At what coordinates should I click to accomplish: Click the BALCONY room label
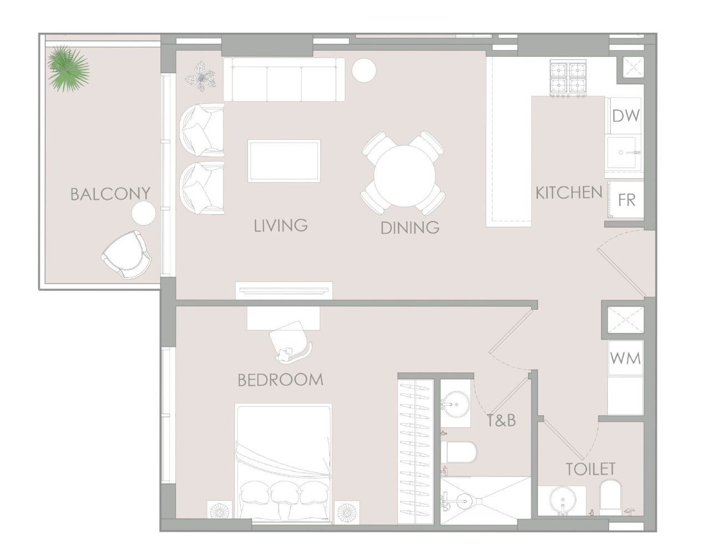[110, 194]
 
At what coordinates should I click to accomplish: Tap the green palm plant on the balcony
[68, 68]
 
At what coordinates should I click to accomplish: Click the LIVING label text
[281, 225]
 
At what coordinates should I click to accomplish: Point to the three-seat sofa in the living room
[283, 80]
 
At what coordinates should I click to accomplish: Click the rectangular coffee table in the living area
[284, 161]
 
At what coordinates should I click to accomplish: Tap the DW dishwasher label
[626, 116]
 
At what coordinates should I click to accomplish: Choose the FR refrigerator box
[626, 200]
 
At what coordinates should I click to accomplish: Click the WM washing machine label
[626, 358]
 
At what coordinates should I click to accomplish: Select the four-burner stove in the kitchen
[569, 78]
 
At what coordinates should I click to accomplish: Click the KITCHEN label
[569, 193]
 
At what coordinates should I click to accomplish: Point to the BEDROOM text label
[280, 380]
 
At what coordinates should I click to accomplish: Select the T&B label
[501, 421]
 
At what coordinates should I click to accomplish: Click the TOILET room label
[590, 469]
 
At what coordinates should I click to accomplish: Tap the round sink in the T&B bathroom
[457, 402]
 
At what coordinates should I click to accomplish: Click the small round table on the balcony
[144, 213]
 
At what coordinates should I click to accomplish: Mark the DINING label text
[410, 228]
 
